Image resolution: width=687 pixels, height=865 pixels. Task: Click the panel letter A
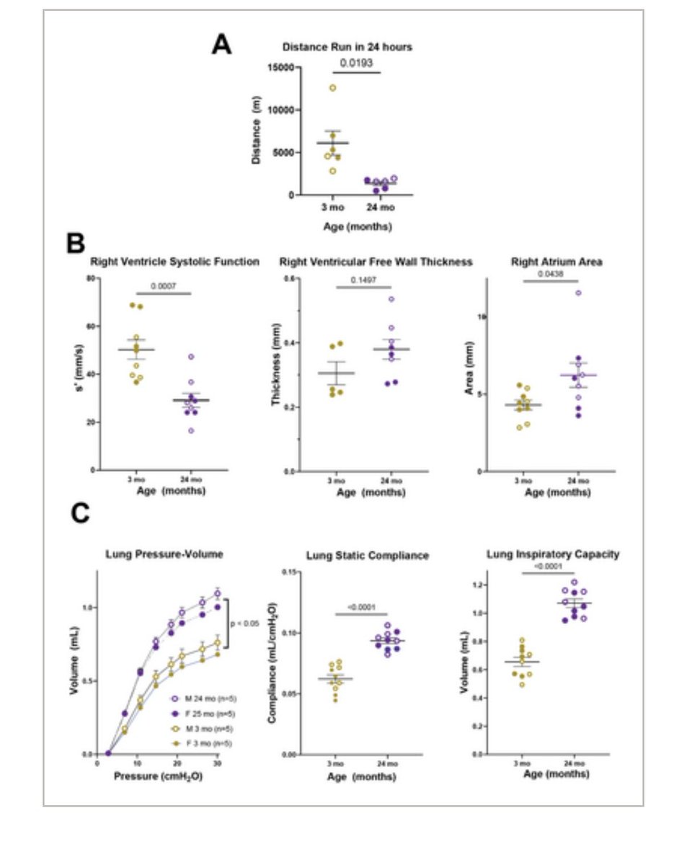(221, 45)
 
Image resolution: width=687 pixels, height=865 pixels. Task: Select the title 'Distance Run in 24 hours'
(347, 48)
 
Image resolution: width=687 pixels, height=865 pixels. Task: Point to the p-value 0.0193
(355, 62)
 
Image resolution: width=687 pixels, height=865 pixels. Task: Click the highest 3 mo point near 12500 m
(332, 88)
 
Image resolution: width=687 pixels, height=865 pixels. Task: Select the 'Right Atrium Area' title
(551, 262)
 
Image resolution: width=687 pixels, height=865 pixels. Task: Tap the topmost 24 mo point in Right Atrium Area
(577, 293)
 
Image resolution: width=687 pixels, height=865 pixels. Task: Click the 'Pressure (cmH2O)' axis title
(158, 779)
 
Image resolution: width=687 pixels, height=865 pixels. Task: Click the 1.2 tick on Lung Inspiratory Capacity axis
(480, 585)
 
